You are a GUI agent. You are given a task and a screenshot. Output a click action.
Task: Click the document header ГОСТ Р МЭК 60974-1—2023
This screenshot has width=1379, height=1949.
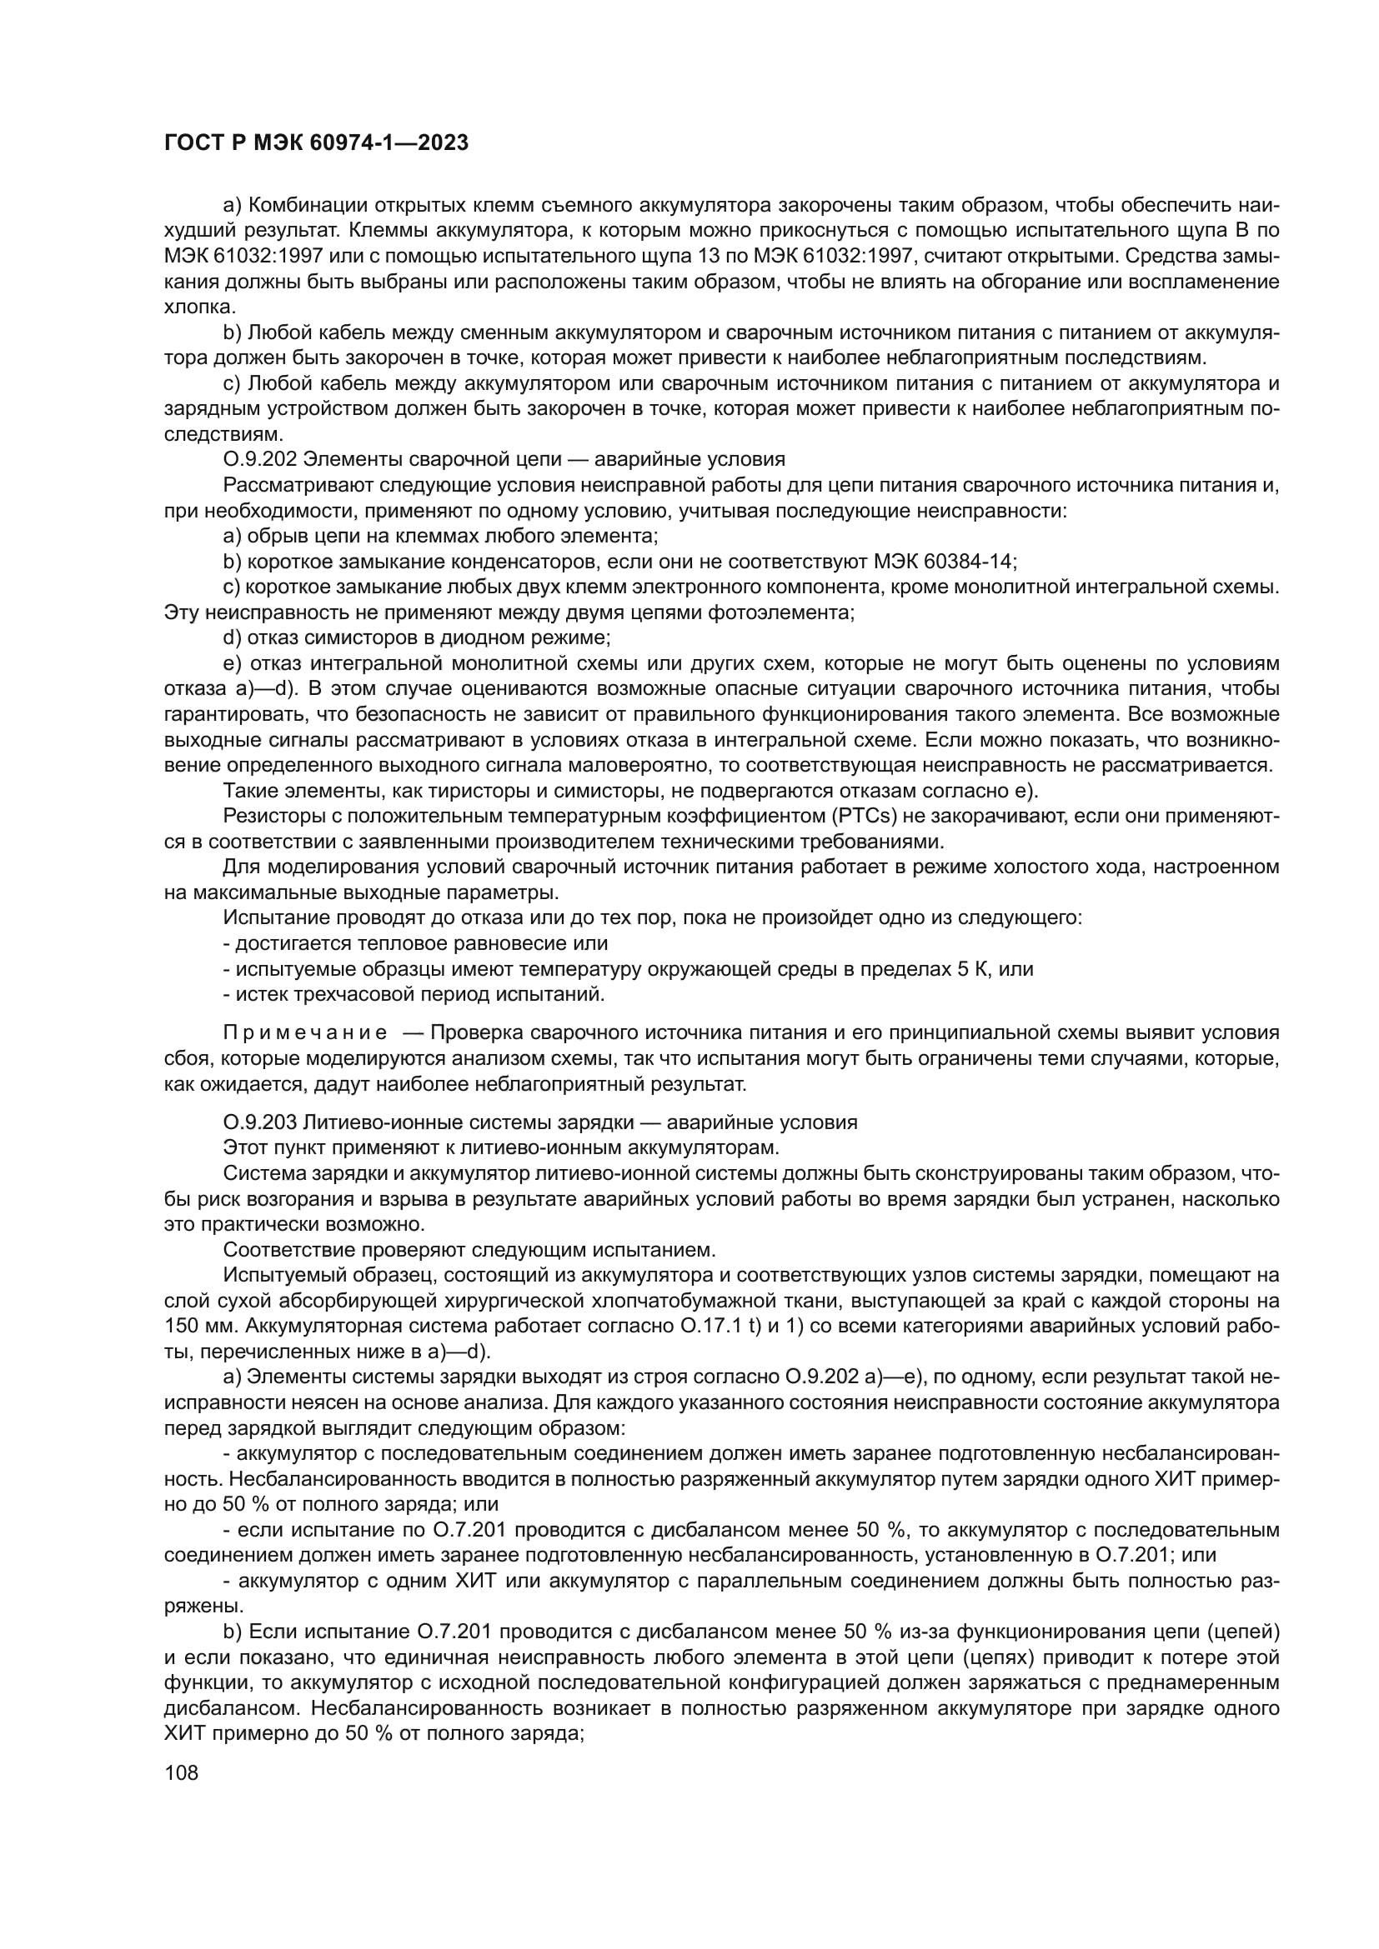coord(316,143)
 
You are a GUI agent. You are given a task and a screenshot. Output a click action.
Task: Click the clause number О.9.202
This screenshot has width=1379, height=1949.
coord(260,459)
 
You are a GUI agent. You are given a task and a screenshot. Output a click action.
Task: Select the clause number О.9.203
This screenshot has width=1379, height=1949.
coord(260,1122)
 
